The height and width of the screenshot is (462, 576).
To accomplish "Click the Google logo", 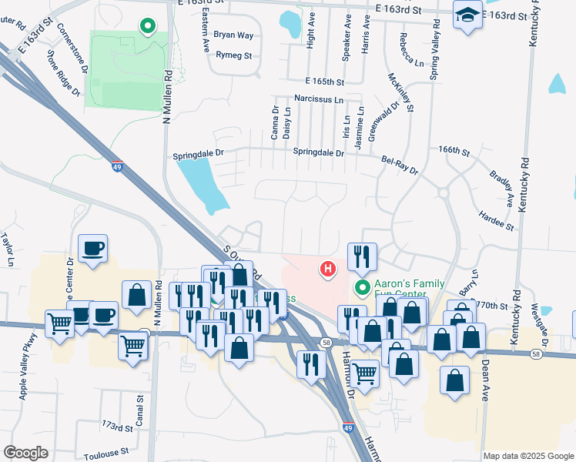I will pyautogui.click(x=26, y=453).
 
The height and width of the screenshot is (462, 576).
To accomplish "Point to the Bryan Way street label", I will pyautogui.click(x=233, y=35).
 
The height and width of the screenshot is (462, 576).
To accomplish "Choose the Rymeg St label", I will pyautogui.click(x=234, y=55).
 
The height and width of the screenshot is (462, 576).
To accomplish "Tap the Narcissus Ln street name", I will pyautogui.click(x=317, y=99).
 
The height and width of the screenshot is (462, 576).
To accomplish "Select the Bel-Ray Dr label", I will pyautogui.click(x=400, y=164).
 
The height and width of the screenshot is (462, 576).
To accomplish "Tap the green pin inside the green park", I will pyautogui.click(x=147, y=26).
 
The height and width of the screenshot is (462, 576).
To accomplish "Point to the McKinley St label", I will pyautogui.click(x=401, y=93).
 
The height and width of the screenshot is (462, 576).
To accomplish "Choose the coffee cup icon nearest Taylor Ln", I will pyautogui.click(x=93, y=249).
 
